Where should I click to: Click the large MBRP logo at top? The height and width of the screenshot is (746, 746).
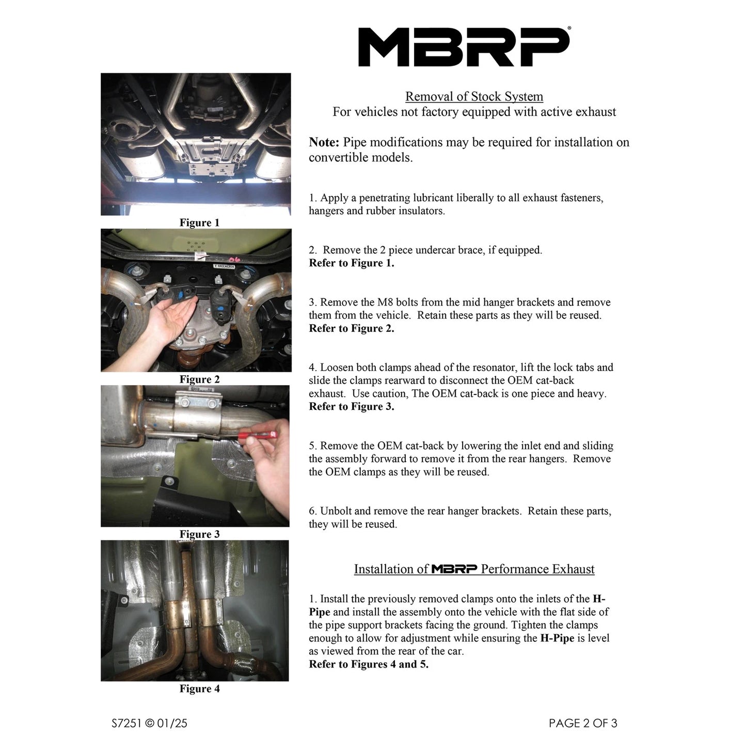(x=464, y=47)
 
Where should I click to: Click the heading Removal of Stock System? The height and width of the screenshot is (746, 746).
(x=474, y=97)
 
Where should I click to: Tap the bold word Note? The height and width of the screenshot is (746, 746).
(x=324, y=142)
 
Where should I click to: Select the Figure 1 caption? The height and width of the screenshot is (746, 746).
(x=199, y=223)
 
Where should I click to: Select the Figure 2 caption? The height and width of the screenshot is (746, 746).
(x=199, y=379)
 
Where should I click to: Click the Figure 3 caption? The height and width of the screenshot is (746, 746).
(x=199, y=534)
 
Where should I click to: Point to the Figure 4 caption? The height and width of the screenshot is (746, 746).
(x=199, y=689)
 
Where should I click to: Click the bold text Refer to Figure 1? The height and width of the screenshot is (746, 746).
(x=351, y=263)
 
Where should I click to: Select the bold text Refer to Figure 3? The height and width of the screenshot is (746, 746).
(x=351, y=407)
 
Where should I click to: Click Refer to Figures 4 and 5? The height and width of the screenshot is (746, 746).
(x=369, y=664)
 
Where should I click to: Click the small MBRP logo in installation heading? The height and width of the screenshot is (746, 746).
(x=454, y=569)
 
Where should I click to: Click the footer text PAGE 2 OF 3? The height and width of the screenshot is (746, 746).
(x=582, y=723)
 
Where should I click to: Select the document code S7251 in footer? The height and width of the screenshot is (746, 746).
(x=126, y=723)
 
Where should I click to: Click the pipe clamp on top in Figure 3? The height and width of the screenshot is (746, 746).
(x=196, y=400)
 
